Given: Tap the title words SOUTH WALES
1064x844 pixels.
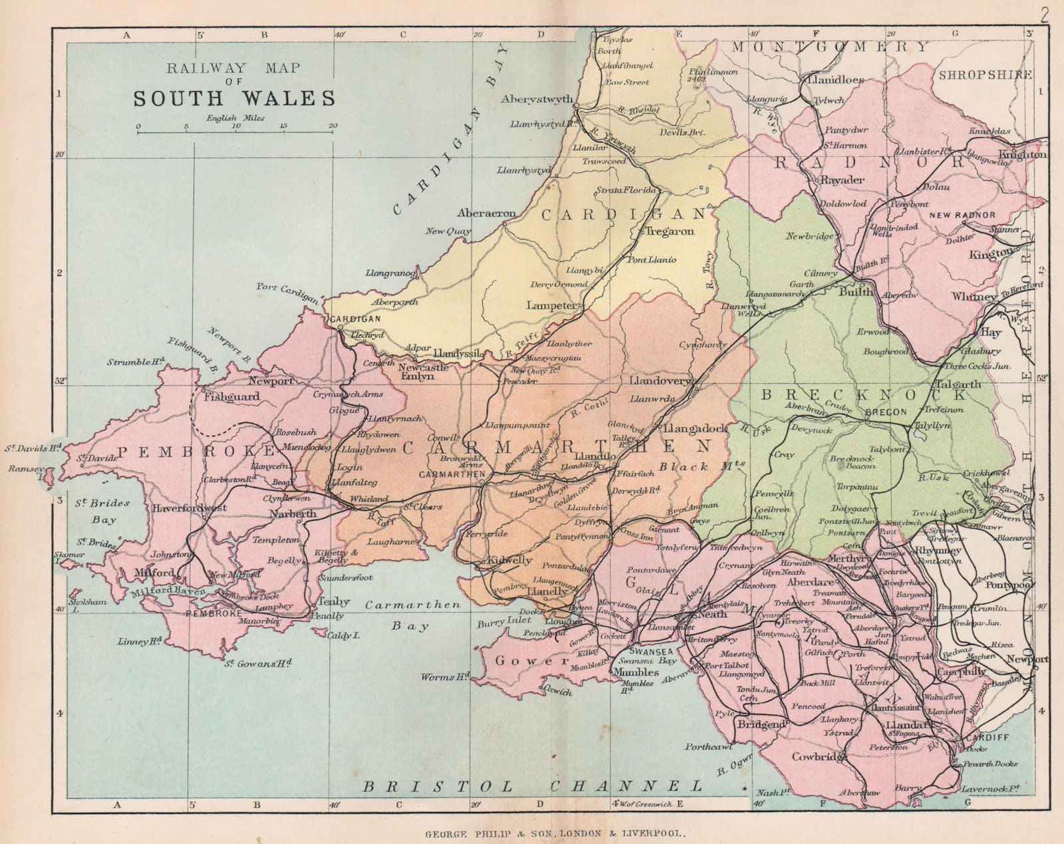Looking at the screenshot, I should [x=234, y=98].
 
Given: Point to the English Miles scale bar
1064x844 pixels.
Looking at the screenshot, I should [x=235, y=132].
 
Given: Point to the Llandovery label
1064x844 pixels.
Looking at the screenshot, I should [x=660, y=382].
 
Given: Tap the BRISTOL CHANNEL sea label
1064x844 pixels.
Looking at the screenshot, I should [x=532, y=786].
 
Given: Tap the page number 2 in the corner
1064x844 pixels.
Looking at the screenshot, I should [x=1045, y=15].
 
